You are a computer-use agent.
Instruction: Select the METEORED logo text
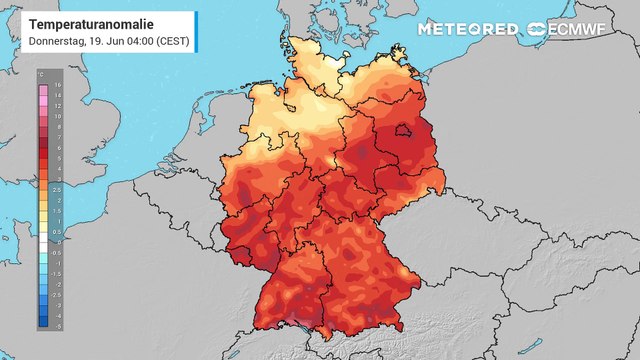(x=469, y=29)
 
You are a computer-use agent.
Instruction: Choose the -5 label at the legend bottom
(x=56, y=326)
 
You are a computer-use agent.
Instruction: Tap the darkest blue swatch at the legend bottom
(x=43, y=322)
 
